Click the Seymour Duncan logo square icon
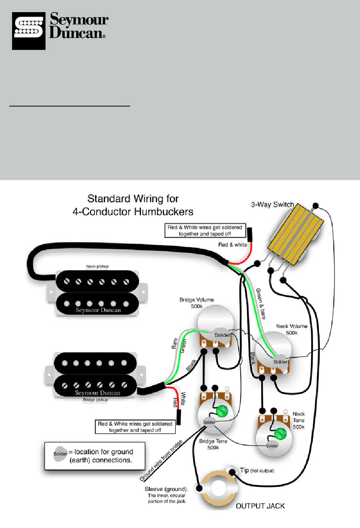point(28,31)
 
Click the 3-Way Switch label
point(272,204)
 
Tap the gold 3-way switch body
point(296,234)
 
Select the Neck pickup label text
point(97,266)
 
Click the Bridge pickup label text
point(95,400)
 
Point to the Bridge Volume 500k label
point(197,303)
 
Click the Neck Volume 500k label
point(292,329)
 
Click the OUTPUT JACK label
point(260,506)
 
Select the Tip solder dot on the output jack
point(232,472)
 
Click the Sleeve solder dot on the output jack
point(199,488)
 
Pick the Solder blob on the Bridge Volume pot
point(222,335)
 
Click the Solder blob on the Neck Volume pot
point(280,362)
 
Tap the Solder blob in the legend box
point(60,453)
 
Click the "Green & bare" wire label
point(261,304)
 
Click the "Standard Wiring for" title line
point(133,199)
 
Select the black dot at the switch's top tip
point(315,205)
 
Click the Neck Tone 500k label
point(299,420)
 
